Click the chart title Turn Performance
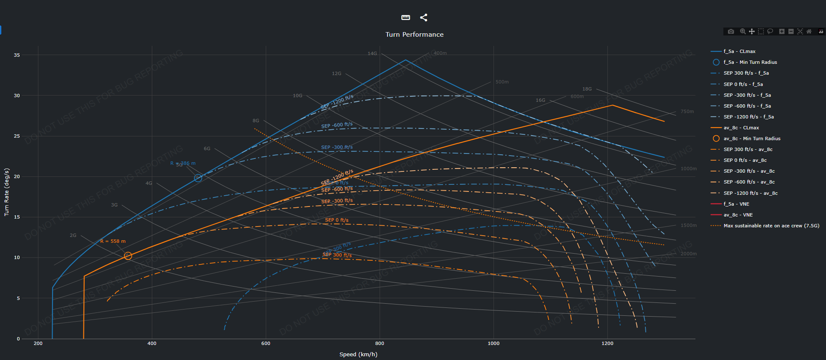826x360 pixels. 414,35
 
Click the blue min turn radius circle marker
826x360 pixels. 198,178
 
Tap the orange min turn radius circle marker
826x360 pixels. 128,256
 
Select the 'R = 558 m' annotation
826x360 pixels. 113,241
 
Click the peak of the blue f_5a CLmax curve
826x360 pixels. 405,60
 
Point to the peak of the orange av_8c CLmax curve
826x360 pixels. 612,105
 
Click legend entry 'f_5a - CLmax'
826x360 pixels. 739,51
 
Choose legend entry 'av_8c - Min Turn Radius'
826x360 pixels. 752,138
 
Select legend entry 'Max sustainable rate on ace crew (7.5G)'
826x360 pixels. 771,226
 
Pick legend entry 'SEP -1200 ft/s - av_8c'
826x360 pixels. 750,193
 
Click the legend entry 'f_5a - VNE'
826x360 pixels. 736,204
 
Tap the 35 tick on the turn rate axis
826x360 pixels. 17,55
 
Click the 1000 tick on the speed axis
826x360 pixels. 494,343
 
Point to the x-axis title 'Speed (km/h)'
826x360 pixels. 358,354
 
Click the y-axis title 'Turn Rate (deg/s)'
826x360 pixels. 7,192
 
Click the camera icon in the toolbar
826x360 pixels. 731,31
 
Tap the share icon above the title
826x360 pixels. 423,18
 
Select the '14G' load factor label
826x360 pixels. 372,53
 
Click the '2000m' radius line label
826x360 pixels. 688,254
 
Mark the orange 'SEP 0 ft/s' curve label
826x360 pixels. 337,220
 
